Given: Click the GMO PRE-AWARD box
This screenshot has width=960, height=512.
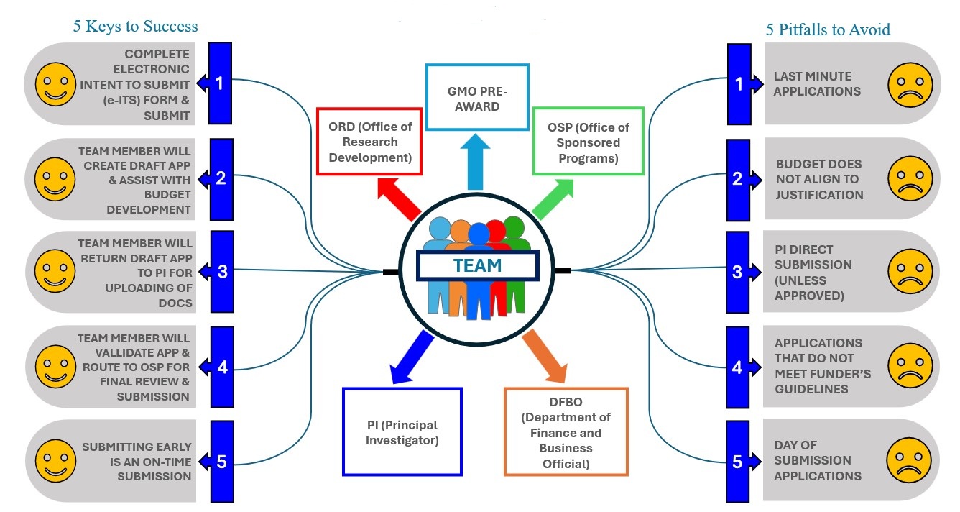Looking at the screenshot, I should pyautogui.click(x=477, y=97).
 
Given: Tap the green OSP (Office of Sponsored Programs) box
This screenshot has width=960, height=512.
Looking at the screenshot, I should pyautogui.click(x=588, y=142).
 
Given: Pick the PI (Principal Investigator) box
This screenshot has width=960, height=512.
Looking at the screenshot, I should pyautogui.click(x=402, y=431).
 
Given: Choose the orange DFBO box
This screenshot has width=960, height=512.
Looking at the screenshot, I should pyautogui.click(x=566, y=431).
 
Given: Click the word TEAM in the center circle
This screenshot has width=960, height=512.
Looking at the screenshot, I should pyautogui.click(x=477, y=265).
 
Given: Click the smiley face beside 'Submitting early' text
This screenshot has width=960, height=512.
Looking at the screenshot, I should pyautogui.click(x=55, y=460).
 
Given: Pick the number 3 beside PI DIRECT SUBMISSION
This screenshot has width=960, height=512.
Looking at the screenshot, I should pyautogui.click(x=737, y=272).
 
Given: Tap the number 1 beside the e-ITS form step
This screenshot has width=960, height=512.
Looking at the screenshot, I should pyautogui.click(x=220, y=83).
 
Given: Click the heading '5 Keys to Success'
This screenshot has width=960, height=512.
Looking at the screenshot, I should pyautogui.click(x=135, y=27).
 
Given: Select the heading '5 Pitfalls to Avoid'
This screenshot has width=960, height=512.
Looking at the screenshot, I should pyautogui.click(x=828, y=29).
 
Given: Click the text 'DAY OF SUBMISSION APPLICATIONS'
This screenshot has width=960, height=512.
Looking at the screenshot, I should pyautogui.click(x=817, y=460).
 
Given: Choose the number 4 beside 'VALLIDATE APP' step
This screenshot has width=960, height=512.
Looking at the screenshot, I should pyautogui.click(x=222, y=367).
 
